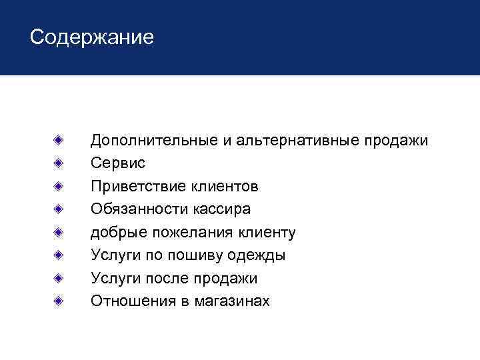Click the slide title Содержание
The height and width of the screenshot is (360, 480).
91,37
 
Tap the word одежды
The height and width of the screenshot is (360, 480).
256,255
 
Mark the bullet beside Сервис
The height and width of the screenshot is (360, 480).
59,163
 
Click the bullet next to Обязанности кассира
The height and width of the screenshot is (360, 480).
59,209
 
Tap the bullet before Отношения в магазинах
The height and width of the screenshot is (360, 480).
59,301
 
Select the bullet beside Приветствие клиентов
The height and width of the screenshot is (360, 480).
59,186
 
